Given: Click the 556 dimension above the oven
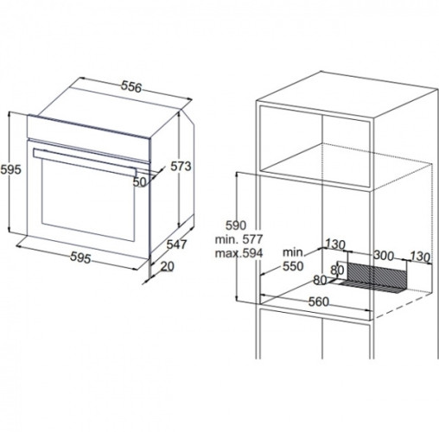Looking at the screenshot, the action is click(x=131, y=86).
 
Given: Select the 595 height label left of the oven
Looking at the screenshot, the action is click(x=11, y=169).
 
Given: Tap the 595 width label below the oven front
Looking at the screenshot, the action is click(x=80, y=257).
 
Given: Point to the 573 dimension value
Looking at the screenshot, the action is click(x=181, y=166).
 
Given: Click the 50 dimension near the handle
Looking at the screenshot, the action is click(x=140, y=181).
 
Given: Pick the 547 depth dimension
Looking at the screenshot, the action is click(x=177, y=245).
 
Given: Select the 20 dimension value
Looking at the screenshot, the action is click(x=168, y=266).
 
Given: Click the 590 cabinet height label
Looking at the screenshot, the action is click(x=236, y=226).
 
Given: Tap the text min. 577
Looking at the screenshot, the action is click(x=239, y=239).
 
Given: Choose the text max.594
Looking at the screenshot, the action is click(x=239, y=253).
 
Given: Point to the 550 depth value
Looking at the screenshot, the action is click(x=293, y=266).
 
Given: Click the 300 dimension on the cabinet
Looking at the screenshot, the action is click(x=384, y=255).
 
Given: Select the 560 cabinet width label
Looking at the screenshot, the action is click(x=319, y=302).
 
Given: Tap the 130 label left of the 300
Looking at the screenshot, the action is click(x=335, y=245).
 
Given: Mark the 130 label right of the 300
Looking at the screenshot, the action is click(x=420, y=257).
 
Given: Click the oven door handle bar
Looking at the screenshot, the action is click(x=85, y=162).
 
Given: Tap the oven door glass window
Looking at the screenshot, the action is click(x=88, y=200).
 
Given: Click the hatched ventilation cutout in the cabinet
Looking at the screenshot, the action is click(x=377, y=275).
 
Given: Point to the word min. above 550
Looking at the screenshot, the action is click(x=293, y=252).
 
